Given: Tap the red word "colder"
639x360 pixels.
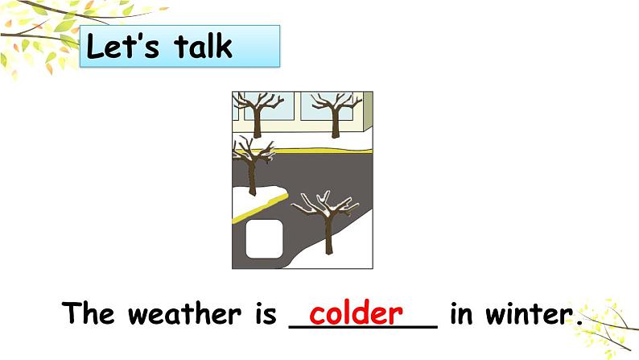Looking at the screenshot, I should tap(357, 313).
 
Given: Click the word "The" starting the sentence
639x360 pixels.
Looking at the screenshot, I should tap(89, 313).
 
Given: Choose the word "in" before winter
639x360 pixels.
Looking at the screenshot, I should tap(462, 313).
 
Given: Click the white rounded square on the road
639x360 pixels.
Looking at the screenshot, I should tap(264, 239).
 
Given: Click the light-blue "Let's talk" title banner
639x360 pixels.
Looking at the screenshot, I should tap(180, 46).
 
